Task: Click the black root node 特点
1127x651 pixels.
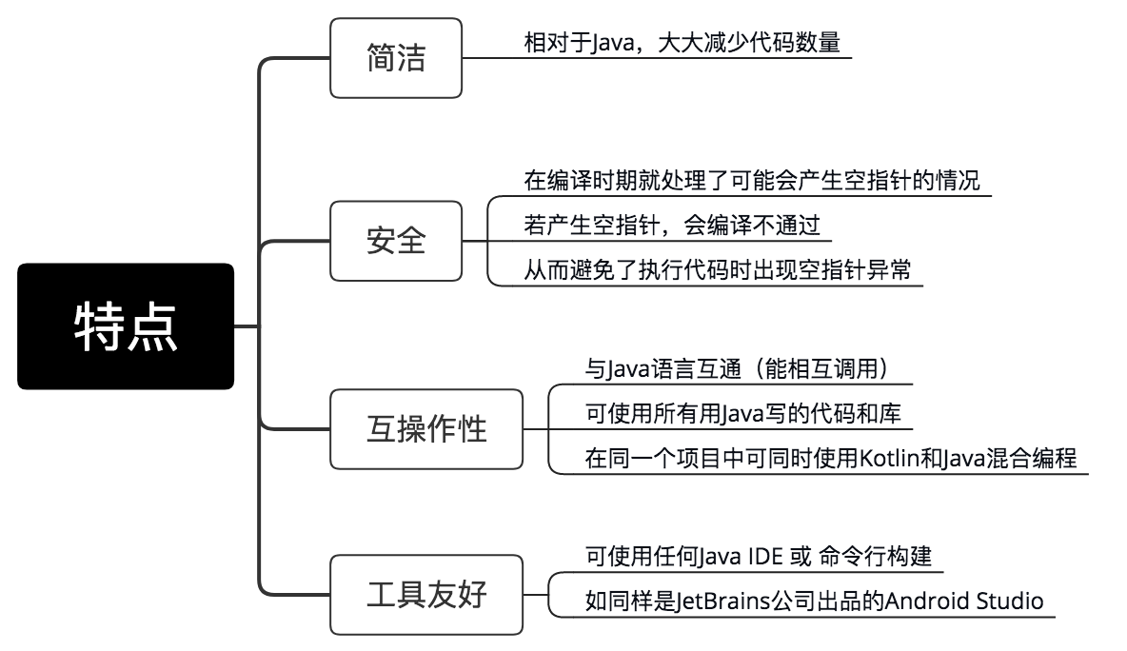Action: pyautogui.click(x=126, y=326)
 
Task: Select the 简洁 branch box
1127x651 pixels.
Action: pyautogui.click(x=396, y=58)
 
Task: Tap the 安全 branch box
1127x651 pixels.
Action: pyautogui.click(x=396, y=241)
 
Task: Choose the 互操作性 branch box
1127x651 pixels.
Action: pyautogui.click(x=426, y=429)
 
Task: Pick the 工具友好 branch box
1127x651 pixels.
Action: pyautogui.click(x=426, y=595)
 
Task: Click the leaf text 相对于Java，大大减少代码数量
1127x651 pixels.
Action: pyautogui.click(x=682, y=43)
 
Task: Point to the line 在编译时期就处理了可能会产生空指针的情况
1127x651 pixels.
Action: pyautogui.click(x=752, y=180)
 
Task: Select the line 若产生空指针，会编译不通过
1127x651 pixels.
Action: pyautogui.click(x=672, y=226)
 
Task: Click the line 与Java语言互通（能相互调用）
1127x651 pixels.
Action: pyautogui.click(x=737, y=367)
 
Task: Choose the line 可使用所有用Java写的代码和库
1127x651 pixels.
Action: pyautogui.click(x=742, y=413)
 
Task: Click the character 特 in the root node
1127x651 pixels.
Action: pyautogui.click(x=100, y=326)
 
